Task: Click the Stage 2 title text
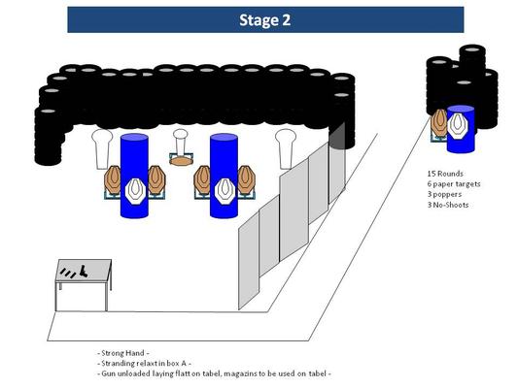click(265, 20)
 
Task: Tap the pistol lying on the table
click(83, 271)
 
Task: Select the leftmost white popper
click(102, 149)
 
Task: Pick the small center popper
click(181, 143)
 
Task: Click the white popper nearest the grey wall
click(286, 149)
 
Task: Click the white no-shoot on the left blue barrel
click(135, 191)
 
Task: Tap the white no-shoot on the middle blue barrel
click(224, 191)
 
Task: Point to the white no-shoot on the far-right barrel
click(458, 124)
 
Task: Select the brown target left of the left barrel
click(113, 179)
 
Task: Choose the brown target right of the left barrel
click(156, 179)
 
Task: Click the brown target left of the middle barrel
click(202, 179)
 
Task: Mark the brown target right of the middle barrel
click(247, 179)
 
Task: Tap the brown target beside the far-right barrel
click(439, 122)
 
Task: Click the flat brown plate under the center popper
click(181, 161)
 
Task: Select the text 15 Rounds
click(445, 174)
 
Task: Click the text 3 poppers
click(444, 194)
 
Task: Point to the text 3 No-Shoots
click(448, 205)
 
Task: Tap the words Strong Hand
click(122, 353)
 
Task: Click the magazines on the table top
click(68, 274)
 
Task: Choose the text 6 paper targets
click(454, 184)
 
